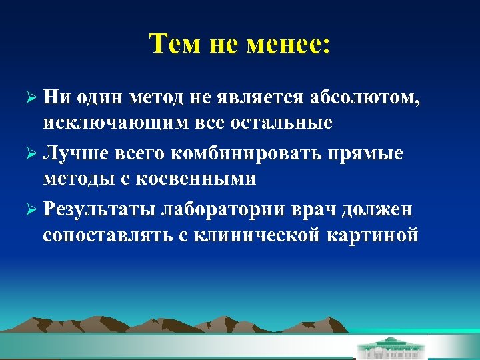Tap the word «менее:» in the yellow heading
[292, 45]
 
